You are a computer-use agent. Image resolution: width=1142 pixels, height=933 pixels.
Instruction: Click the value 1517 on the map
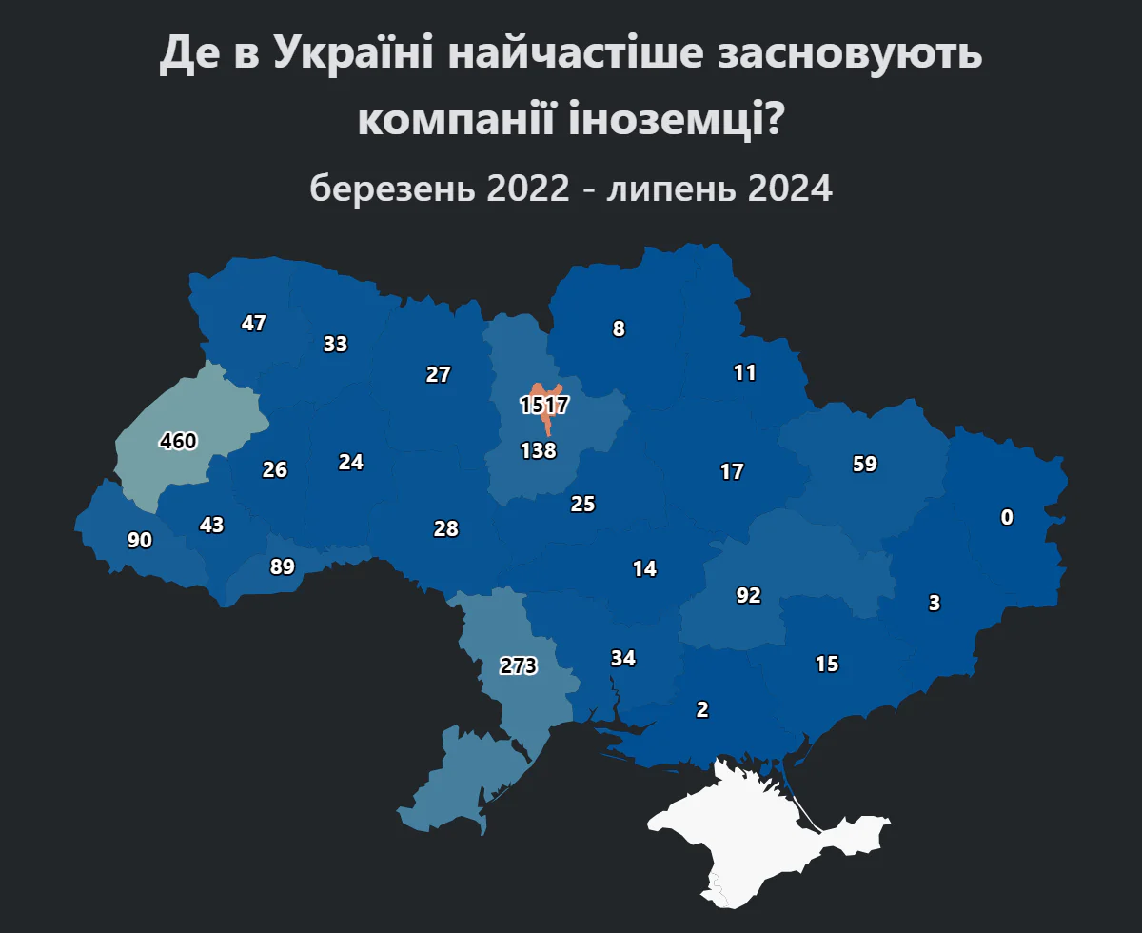click(544, 406)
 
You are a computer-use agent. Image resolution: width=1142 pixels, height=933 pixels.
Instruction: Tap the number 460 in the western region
click(178, 442)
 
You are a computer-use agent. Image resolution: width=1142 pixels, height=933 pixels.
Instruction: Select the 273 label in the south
click(519, 666)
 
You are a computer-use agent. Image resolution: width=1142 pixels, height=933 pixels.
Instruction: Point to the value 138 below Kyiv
click(539, 451)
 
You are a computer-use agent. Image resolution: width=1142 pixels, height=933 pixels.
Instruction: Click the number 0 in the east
click(1007, 518)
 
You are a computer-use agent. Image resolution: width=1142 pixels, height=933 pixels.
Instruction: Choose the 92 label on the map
click(749, 596)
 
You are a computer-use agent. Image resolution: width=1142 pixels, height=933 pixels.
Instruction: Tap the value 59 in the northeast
click(865, 465)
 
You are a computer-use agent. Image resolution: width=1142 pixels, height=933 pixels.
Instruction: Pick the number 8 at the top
click(619, 329)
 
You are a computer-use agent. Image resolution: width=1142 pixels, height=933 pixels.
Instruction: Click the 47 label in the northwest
click(253, 324)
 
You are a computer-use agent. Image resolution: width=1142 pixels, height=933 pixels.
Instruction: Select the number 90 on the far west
click(140, 541)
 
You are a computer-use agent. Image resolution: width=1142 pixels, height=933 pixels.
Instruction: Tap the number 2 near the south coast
click(702, 709)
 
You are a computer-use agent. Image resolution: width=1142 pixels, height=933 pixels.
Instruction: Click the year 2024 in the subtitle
click(790, 189)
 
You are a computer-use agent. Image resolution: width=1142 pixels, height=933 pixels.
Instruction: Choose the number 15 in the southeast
click(827, 665)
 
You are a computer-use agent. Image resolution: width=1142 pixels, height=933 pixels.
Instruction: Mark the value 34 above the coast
click(623, 659)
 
